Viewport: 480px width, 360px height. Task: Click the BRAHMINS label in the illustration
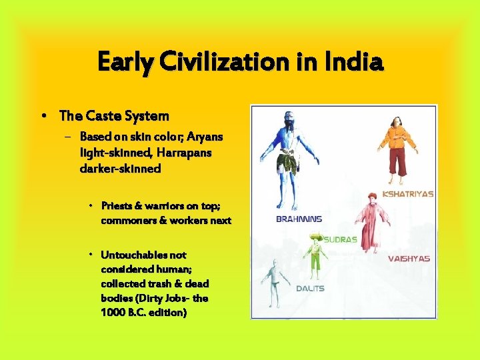[299, 219]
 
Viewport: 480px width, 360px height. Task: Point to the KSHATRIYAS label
[409, 194]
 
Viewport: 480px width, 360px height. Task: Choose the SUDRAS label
[340, 239]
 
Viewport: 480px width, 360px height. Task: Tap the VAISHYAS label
[409, 259]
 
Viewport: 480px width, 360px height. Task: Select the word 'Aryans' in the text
[205, 137]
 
